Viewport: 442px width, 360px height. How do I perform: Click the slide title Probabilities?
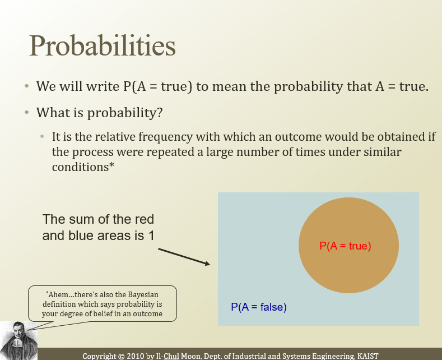tap(103, 46)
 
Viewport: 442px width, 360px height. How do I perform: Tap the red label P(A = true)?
tap(345, 246)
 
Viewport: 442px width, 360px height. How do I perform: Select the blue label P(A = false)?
tap(259, 307)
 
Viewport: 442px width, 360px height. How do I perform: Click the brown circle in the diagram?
tap(348, 245)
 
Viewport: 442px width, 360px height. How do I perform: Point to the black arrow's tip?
tap(210, 265)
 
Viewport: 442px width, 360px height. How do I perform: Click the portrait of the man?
tap(18, 340)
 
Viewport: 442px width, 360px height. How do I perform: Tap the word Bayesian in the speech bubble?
tap(143, 294)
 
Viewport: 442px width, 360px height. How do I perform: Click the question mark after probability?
tap(160, 112)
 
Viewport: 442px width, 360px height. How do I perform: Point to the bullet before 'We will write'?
tap(27, 86)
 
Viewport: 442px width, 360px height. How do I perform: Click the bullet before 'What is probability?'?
tap(27, 112)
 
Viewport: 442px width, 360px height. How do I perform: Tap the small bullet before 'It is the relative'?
tap(42, 137)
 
